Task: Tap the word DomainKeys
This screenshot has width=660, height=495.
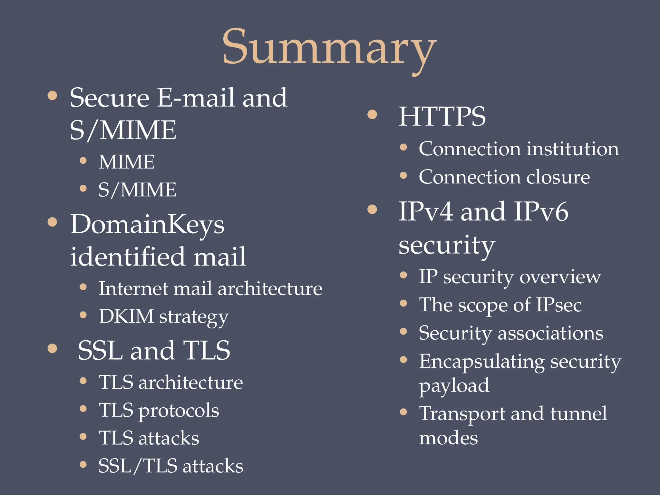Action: [148, 225]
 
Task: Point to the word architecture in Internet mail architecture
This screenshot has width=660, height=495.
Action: [270, 288]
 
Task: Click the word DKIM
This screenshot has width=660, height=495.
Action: [126, 316]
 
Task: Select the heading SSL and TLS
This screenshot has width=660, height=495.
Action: [154, 350]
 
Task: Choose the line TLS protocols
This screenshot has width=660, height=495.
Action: [159, 411]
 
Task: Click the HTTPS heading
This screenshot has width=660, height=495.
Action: [442, 116]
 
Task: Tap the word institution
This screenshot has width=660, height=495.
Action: [573, 149]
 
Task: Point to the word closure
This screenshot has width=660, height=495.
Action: [558, 177]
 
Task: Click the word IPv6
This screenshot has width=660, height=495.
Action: [541, 212]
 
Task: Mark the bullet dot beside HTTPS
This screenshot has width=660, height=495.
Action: [372, 114]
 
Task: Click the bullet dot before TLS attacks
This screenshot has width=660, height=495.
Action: [83, 437]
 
